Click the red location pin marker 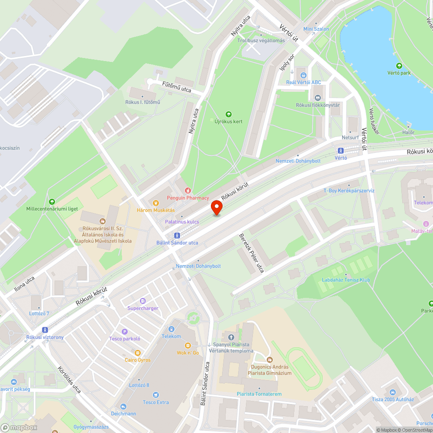(x=216, y=208)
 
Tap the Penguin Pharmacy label (x=188, y=197)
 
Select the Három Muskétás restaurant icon (x=156, y=202)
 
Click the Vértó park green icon (x=399, y=66)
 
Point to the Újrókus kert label (x=229, y=121)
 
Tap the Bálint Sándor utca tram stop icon (x=177, y=235)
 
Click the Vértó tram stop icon (x=341, y=151)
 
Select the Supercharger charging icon (x=143, y=301)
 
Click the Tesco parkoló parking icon (x=125, y=331)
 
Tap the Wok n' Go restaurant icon (x=187, y=345)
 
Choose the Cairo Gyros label (x=138, y=360)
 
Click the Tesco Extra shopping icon (x=156, y=395)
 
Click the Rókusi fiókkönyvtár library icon (x=318, y=98)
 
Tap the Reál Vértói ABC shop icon (x=304, y=75)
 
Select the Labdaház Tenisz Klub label (x=346, y=280)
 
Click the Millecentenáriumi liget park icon (x=52, y=201)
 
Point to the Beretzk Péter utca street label (x=252, y=253)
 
